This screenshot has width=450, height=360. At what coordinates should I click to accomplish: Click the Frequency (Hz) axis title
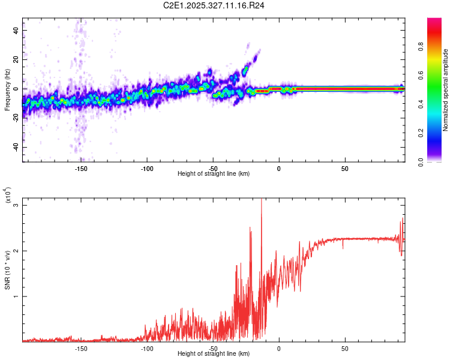click(7, 89)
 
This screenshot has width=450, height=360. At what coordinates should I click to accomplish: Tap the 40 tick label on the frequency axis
click(16, 30)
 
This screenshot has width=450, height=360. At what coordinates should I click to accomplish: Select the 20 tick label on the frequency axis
click(16, 59)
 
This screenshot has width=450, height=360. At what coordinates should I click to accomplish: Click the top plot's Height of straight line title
click(214, 174)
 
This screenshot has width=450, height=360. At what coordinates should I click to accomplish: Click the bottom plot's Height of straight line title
click(214, 354)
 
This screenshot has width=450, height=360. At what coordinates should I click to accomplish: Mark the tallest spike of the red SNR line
click(261, 200)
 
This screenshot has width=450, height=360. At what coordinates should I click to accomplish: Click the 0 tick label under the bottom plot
click(279, 348)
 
